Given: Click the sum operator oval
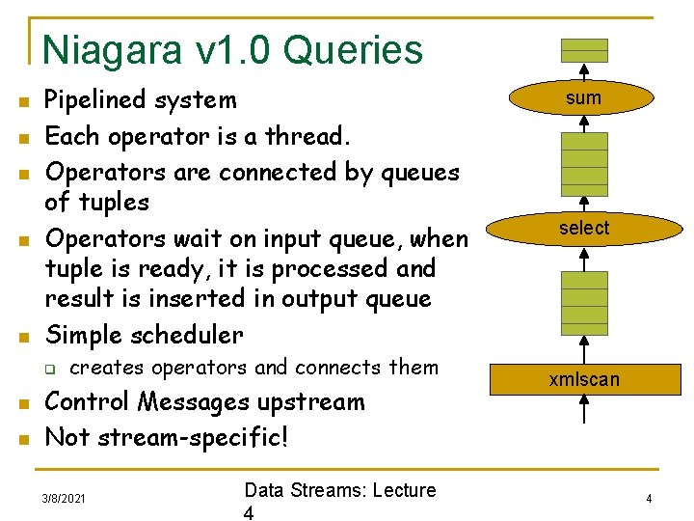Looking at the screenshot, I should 583,97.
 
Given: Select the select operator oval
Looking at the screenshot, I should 583,229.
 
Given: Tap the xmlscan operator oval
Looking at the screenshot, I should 583,379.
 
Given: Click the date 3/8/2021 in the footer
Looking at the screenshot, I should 64,499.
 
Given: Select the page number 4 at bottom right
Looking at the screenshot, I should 649,499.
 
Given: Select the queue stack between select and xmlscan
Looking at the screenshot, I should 584,302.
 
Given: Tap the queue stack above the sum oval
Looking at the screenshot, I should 584,50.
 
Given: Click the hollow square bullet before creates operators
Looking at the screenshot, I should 55,369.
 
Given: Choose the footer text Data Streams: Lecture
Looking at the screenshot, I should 340,490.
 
